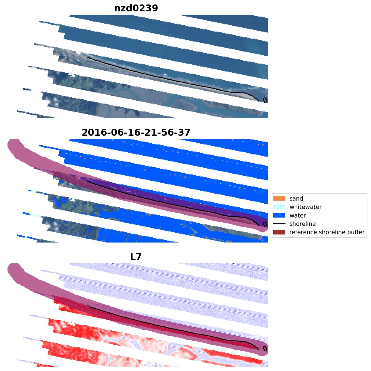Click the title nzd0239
coord(136,8)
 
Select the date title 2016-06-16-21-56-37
coord(136,133)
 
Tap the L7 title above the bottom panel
coord(136,257)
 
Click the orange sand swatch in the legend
coord(279,198)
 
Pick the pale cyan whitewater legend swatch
coord(279,207)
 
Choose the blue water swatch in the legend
coord(279,215)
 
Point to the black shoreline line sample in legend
coord(279,224)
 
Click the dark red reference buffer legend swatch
coord(279,232)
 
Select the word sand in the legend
coord(296,199)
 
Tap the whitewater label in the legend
coord(305,207)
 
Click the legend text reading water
coord(298,216)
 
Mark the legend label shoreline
coord(302,224)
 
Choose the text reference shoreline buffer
coord(327,232)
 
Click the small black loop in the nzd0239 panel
coord(265,100)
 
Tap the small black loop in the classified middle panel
coord(265,224)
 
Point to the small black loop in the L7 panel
coord(265,349)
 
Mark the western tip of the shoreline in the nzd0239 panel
coord(87,57)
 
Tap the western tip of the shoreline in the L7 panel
coord(87,306)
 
